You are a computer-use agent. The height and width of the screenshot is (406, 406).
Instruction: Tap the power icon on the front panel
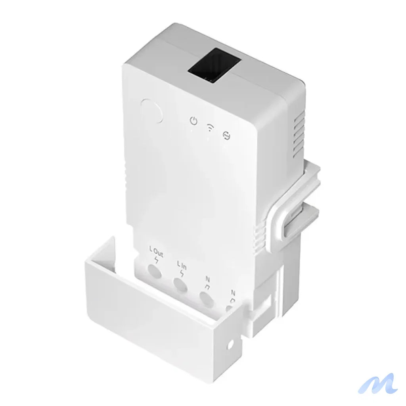point(193,121)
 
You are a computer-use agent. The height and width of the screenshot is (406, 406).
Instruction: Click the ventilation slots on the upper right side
point(299,133)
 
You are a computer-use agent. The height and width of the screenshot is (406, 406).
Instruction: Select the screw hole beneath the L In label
point(180,284)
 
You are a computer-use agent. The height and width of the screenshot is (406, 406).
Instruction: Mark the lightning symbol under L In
point(182,273)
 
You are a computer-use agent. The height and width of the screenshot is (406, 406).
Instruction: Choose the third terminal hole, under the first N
point(206,298)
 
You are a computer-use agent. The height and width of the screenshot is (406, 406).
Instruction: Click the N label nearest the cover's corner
point(233,293)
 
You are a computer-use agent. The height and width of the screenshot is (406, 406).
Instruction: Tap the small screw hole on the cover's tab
point(230,345)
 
